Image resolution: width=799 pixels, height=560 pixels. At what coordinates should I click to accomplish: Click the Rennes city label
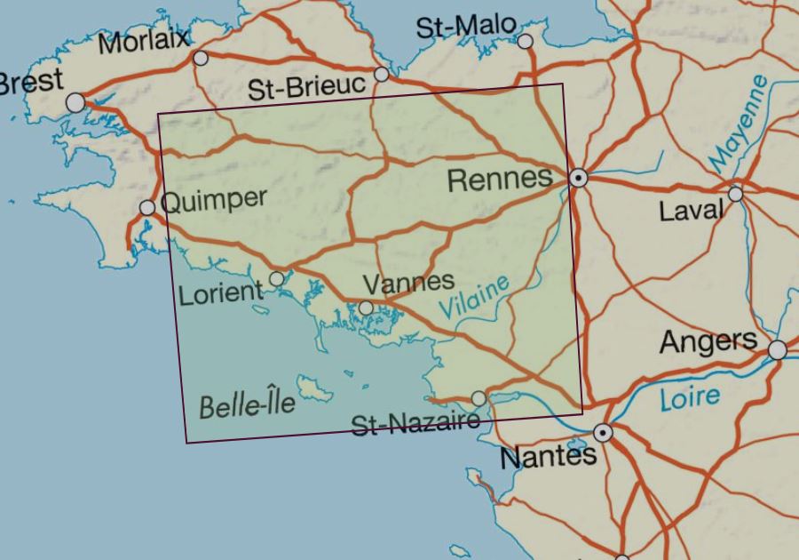coord(500,180)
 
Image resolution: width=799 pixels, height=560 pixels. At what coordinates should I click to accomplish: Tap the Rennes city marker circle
coord(579,178)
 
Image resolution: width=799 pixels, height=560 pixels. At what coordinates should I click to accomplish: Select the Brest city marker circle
coord(76,103)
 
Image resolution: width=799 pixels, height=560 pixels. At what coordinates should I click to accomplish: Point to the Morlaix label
coord(144,41)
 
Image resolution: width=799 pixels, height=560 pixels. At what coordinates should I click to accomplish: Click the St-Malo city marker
coord(526,41)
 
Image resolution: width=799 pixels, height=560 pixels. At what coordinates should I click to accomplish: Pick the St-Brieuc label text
coord(306,87)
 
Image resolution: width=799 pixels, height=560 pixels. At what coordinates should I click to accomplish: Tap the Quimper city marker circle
coord(147,208)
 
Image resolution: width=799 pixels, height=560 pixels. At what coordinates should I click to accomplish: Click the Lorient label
coord(221,292)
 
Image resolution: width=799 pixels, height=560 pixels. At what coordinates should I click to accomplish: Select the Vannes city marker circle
coord(366,308)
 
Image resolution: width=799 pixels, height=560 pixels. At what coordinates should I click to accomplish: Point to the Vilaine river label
coord(475,297)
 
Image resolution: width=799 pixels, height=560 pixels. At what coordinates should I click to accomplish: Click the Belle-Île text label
coord(246,406)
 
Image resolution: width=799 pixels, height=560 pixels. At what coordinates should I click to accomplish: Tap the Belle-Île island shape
coord(313,388)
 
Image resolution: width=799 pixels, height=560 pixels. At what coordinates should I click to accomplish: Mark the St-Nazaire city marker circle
coord(479,398)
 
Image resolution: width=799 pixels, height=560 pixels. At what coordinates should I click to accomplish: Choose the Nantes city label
coord(548,458)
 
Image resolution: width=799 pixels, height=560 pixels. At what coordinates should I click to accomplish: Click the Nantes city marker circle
coord(604,433)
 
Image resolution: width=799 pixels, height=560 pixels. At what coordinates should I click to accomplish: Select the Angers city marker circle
coord(777,350)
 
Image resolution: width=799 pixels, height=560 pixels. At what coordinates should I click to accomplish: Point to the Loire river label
coord(690,397)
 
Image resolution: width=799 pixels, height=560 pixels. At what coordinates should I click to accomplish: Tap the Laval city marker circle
coord(735,194)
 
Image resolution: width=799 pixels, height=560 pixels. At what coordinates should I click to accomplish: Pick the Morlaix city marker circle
coord(201,59)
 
